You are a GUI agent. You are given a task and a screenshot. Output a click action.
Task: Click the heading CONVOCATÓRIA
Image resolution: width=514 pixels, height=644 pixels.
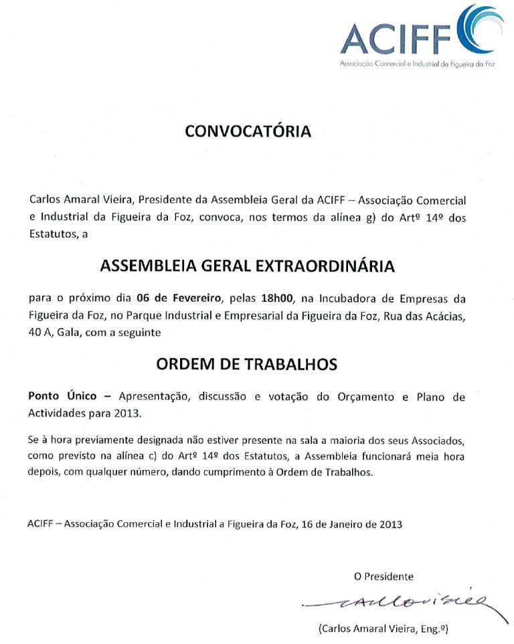[x=248, y=131]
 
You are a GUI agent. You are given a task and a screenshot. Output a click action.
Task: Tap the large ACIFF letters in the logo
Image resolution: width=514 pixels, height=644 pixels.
[x=397, y=39]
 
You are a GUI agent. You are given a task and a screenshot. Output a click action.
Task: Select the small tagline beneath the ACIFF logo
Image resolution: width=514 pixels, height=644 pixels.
[x=417, y=66]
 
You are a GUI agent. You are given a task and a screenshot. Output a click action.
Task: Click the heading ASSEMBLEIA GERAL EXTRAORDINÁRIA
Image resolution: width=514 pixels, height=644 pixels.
[x=248, y=266]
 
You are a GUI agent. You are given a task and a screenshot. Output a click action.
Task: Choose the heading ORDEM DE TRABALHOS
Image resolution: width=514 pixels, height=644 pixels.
[x=247, y=364]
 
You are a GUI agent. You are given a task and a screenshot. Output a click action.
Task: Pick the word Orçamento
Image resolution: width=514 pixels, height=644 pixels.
[x=365, y=396]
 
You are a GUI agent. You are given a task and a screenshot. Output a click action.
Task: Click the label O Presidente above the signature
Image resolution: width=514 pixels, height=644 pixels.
[x=383, y=576]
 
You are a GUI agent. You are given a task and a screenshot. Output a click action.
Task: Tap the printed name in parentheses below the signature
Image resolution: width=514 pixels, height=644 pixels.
[x=383, y=629]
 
